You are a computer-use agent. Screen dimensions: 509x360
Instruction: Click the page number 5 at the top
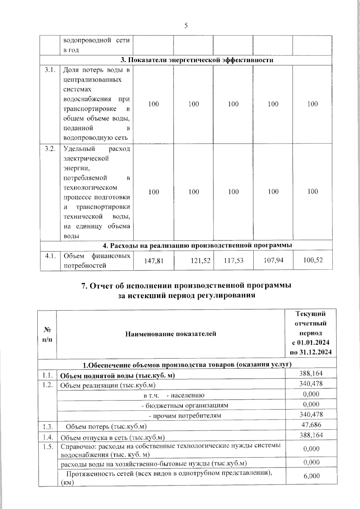pyautogui.click(x=186, y=26)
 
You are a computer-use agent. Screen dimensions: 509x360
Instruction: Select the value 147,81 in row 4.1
pyautogui.click(x=154, y=260)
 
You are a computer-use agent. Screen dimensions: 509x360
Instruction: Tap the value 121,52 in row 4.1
pyautogui.click(x=201, y=260)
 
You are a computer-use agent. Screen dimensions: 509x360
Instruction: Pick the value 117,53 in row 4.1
pyautogui.click(x=234, y=260)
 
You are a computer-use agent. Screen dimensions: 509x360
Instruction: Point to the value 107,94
pyautogui.click(x=273, y=260)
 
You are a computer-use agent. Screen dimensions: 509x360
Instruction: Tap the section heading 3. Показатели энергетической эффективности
pyautogui.click(x=197, y=60)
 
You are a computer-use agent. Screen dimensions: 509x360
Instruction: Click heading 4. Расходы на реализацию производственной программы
pyautogui.click(x=197, y=245)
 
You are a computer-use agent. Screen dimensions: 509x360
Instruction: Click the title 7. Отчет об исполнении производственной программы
pyautogui.click(x=186, y=286)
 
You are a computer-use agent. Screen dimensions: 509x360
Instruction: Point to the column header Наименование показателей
pyautogui.click(x=171, y=334)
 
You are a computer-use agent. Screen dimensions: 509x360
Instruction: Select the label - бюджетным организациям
pyautogui.click(x=185, y=406)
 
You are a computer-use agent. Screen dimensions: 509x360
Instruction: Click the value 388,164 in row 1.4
pyautogui.click(x=311, y=435)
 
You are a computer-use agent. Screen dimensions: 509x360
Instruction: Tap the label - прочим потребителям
pyautogui.click(x=185, y=416)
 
